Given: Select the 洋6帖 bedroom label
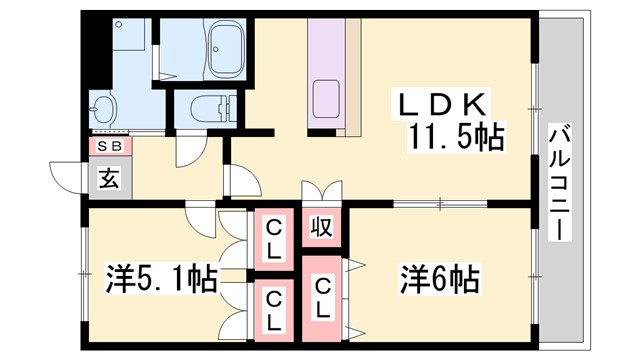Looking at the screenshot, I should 441,277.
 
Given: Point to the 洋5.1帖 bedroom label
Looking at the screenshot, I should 161,277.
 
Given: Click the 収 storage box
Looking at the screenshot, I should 320,226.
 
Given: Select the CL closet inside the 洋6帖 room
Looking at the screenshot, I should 322,298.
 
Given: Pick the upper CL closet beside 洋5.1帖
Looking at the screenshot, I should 272,237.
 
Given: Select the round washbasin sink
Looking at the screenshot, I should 103,108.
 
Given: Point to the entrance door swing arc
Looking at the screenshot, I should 66,176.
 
